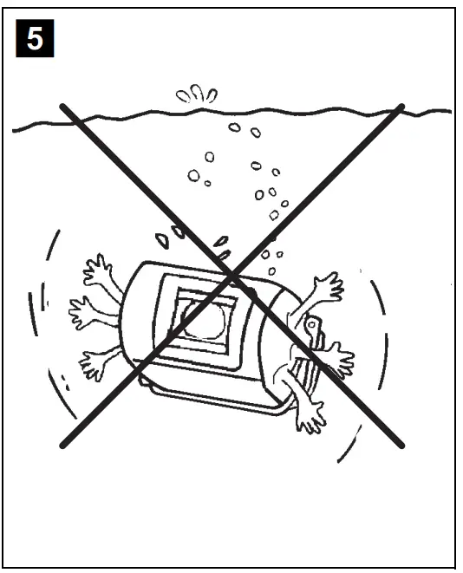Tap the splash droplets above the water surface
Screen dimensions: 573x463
tap(197, 94)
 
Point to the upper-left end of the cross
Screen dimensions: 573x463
tap(63, 107)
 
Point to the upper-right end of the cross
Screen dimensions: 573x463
tap(401, 107)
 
